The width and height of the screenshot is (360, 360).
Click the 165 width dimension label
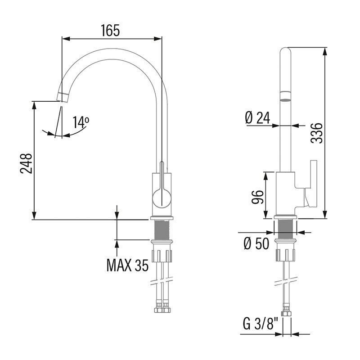110,31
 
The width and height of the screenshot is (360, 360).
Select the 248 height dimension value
27,164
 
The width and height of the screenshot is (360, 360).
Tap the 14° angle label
81,122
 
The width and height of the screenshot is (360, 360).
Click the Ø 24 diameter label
257,118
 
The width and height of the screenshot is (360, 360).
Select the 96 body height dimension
257,197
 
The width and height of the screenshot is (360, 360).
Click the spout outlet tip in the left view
63,96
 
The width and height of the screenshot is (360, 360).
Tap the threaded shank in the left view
162,229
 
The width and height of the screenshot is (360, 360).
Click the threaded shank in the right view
285,229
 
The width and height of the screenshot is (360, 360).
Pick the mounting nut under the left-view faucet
162,252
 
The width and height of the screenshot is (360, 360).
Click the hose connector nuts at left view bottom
162,310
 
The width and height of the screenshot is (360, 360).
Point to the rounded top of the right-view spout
285,52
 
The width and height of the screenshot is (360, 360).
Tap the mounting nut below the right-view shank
285,252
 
